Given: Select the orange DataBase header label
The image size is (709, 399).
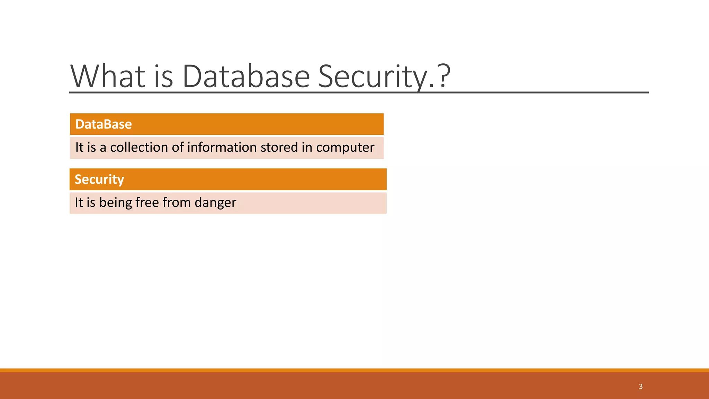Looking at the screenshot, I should click(104, 124).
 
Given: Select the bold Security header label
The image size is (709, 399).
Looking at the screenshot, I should click(99, 179).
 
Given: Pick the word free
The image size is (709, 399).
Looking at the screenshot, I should click(147, 202).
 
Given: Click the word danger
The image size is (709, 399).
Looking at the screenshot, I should click(215, 203).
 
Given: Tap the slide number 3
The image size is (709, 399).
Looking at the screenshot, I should click(640, 387).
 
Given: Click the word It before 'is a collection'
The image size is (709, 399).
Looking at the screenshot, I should click(79, 148).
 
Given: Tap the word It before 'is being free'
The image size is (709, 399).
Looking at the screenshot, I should click(79, 203).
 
